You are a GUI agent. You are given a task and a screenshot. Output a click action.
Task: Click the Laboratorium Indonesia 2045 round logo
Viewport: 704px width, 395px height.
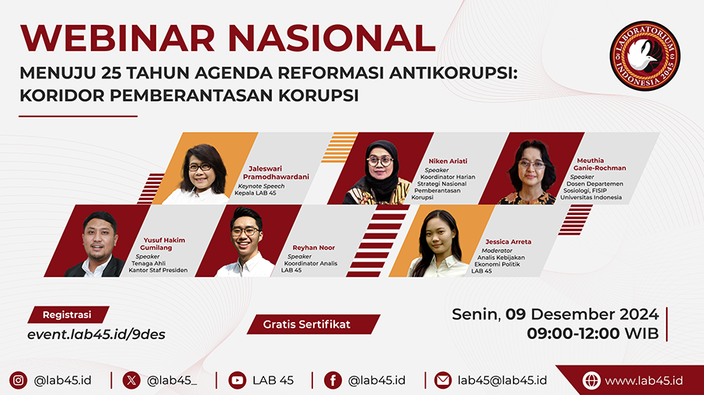645,56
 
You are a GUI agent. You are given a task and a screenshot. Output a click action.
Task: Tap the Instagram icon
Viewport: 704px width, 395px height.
19,380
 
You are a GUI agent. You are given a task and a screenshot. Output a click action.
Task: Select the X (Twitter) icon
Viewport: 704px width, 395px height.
131,380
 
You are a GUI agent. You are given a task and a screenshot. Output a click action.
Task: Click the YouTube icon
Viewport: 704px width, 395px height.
237,380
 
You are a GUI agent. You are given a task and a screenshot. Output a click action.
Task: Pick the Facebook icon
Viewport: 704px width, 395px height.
333,380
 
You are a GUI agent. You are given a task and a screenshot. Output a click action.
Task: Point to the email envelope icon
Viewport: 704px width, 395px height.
443,380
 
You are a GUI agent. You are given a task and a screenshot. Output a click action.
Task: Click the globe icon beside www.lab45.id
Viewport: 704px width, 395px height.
591,381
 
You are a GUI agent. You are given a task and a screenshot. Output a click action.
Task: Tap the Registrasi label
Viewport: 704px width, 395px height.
68,315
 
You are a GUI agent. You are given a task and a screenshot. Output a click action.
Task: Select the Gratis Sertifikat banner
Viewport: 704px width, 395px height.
313,324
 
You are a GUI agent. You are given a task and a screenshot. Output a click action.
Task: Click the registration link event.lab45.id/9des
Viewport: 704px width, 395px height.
96,334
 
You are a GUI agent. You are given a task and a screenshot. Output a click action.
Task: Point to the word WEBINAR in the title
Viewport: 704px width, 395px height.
117,39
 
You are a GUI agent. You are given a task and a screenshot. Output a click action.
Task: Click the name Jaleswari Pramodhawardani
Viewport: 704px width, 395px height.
276,172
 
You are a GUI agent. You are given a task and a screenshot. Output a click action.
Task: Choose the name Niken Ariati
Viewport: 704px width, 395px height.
448,161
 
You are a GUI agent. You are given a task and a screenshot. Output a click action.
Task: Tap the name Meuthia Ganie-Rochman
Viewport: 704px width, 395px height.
599,164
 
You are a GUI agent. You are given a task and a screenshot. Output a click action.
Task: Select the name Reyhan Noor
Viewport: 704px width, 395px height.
313,248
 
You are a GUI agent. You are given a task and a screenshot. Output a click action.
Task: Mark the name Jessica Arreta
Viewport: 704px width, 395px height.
507,241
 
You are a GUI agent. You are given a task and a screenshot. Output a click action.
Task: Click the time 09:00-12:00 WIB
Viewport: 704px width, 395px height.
593,334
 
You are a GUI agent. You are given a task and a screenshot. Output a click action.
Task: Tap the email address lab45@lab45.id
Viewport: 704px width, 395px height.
502,380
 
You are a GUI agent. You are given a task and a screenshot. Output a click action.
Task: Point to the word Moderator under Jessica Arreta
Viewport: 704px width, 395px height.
497,251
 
